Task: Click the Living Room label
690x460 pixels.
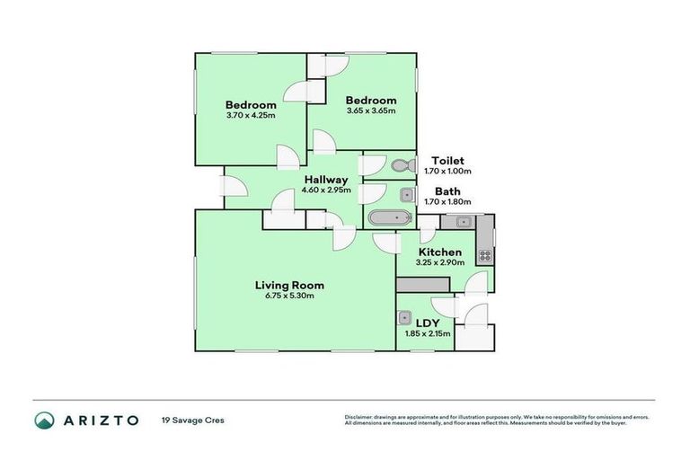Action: (x=287, y=286)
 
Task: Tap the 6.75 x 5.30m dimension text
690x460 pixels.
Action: (x=287, y=297)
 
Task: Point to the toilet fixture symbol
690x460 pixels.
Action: (x=401, y=164)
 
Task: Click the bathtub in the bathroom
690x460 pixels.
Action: (x=388, y=217)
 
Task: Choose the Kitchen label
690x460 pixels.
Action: (x=440, y=252)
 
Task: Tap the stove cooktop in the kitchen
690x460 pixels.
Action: (x=484, y=255)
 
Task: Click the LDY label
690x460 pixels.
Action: (x=427, y=323)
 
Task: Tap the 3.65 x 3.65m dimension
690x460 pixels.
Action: (x=371, y=111)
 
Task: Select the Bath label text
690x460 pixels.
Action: (x=447, y=191)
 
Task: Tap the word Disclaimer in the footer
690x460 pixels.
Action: (x=360, y=417)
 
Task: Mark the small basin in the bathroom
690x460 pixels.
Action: (x=405, y=194)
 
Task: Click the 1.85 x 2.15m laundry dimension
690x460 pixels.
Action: (x=427, y=333)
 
